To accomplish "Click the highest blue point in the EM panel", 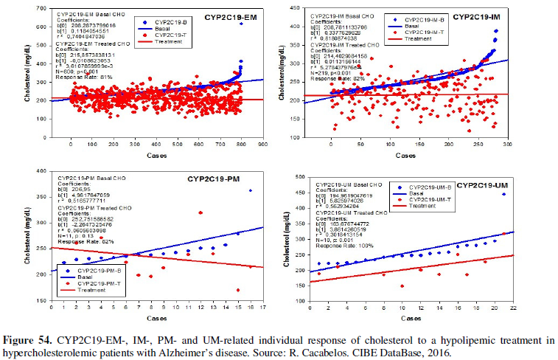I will (x=241, y=24).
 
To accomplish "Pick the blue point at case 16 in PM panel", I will (x=250, y=190).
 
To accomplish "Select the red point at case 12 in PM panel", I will (x=200, y=213).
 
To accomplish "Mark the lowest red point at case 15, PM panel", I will (x=237, y=290).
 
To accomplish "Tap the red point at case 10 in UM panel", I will (x=402, y=286).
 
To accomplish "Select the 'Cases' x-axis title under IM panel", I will (x=405, y=156).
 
